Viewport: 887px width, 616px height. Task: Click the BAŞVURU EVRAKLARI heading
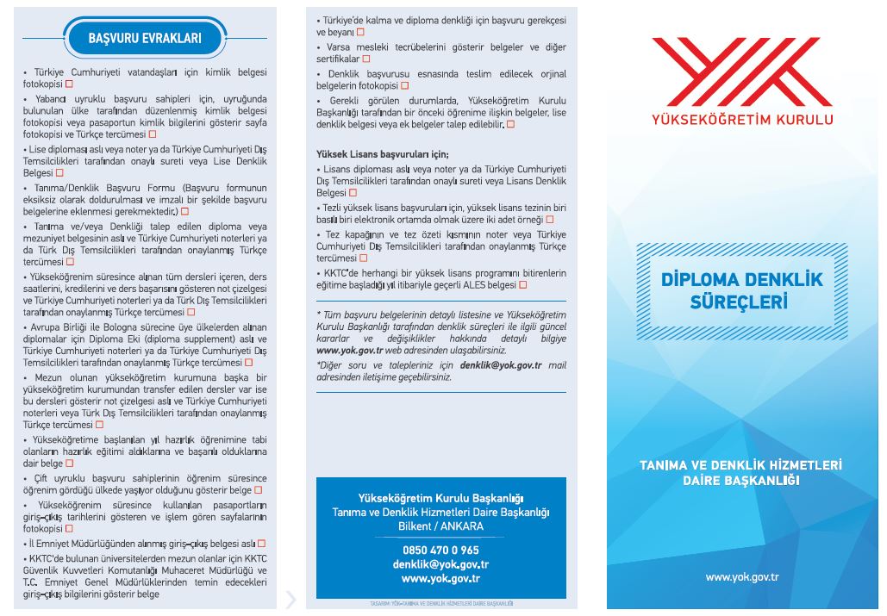145,38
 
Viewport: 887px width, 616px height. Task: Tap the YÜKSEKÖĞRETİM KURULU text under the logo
742,120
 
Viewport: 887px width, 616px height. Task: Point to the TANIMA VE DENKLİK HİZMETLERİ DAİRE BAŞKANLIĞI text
740,472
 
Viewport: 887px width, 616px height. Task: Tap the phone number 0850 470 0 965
440,550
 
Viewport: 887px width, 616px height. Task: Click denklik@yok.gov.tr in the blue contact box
440,564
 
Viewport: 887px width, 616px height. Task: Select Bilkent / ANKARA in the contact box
440,526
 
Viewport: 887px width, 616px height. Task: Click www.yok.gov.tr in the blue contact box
440,578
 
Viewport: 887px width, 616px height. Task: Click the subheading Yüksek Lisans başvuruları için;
370,153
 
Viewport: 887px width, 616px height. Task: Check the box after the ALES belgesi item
522,285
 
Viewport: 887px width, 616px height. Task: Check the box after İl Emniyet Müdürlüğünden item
261,544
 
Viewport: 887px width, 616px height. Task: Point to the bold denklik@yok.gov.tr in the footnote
500,365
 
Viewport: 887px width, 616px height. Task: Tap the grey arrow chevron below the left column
290,598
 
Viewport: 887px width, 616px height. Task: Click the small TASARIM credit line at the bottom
440,604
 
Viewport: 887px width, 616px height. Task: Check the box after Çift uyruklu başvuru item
259,490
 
